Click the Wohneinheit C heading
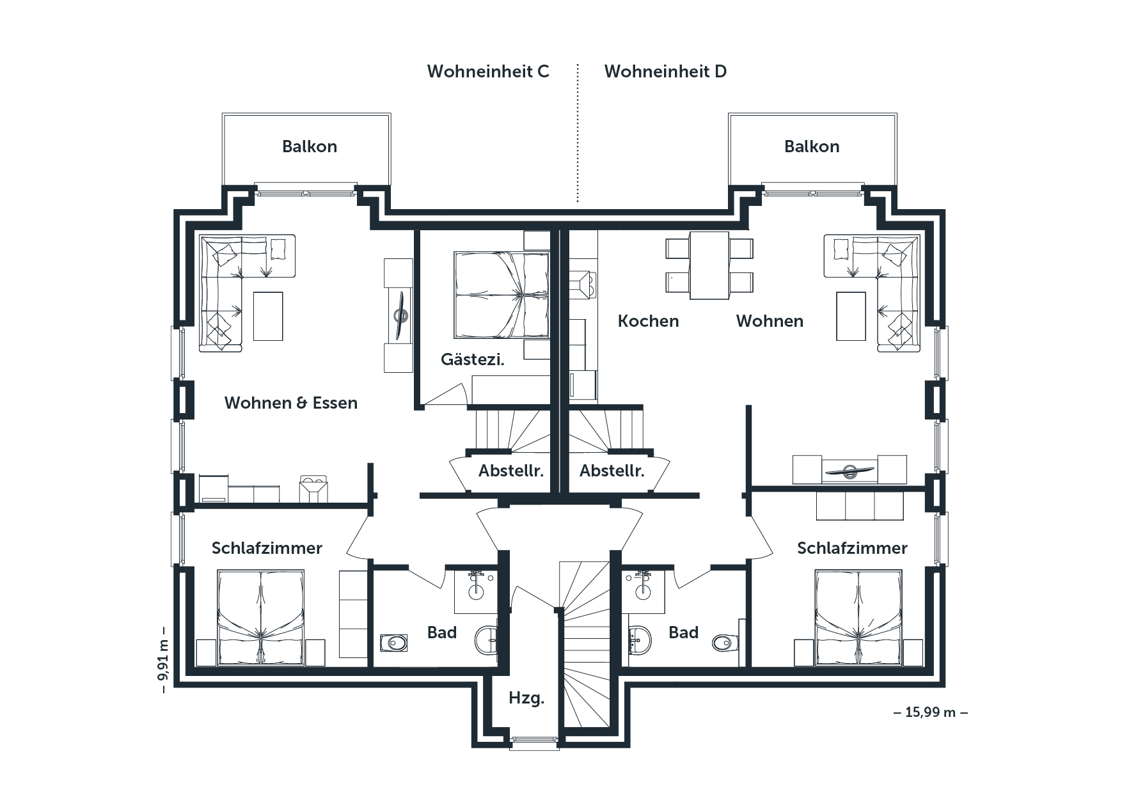488,71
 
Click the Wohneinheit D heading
665,71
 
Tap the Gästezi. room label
473,359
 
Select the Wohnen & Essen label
291,403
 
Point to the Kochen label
648,321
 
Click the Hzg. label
526,698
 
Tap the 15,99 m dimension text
930,712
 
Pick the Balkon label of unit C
310,146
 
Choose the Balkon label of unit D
812,146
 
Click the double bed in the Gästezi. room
502,295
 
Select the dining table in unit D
709,265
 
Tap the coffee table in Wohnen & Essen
268,316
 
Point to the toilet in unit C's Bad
486,640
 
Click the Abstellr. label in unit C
511,471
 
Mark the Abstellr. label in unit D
612,471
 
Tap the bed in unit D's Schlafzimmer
858,618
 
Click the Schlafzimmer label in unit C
267,548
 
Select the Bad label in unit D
683,632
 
